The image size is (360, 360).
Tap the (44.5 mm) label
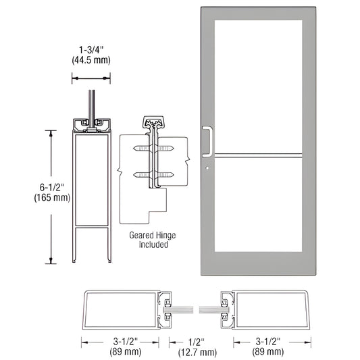(x=91, y=61)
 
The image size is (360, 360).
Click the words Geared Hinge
(x=148, y=235)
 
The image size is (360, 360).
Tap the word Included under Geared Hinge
(x=148, y=245)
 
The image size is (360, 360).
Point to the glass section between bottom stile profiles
(x=194, y=307)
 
